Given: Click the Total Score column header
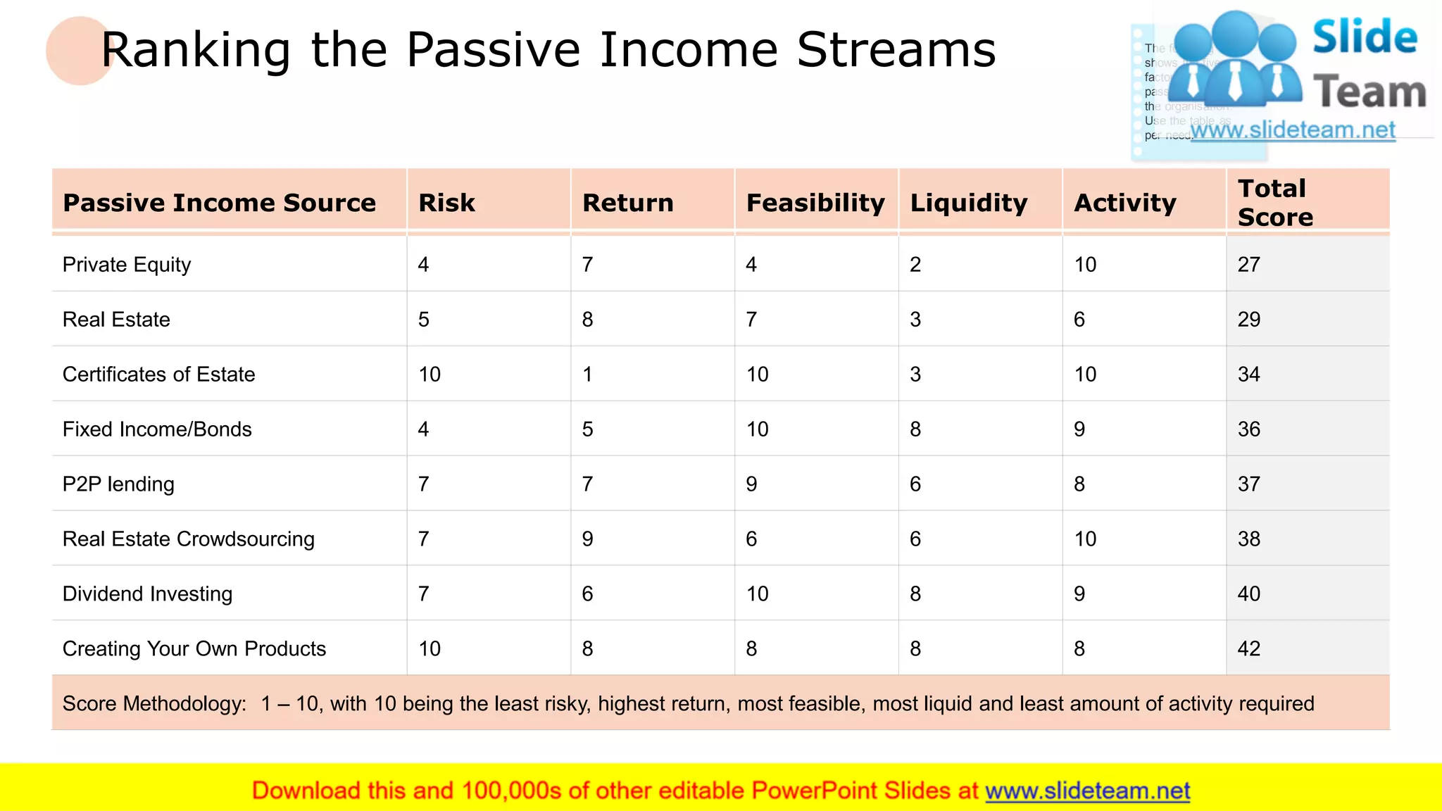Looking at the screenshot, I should pos(1274,202).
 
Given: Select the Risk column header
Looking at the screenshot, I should pos(446,203).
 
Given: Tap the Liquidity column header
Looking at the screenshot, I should pos(968,203).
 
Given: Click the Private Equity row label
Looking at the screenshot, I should pos(127,265).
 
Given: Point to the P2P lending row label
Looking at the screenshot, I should pos(118,484).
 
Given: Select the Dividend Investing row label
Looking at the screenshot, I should pos(147,594).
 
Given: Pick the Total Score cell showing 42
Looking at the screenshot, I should pos(1248,648).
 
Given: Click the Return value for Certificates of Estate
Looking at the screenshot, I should pos(587,375).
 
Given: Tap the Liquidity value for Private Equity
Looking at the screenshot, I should pos(915,265).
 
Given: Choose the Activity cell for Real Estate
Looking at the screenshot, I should pos(1079,320).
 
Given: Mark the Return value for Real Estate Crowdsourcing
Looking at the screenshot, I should pos(587,539).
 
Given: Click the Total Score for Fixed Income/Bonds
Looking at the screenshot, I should pos(1248,429).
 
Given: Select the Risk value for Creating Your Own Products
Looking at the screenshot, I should pos(430,648).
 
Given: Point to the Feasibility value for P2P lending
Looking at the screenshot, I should pos(751,484).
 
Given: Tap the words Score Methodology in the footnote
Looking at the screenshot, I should pos(154,703).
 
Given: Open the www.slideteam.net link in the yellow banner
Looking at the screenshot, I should pos(1087,791).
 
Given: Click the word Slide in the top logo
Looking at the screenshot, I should pos(1365,37).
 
